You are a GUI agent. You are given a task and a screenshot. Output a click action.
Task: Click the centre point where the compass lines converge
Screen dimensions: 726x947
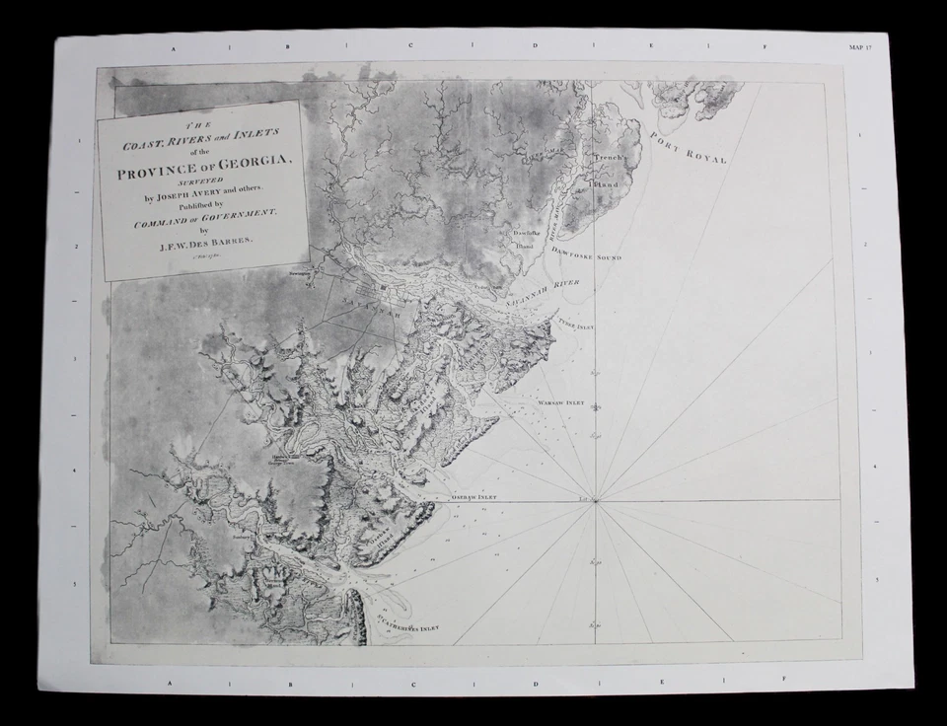pos(595,499)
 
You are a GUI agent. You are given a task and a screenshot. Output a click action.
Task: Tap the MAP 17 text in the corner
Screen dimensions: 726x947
pos(861,46)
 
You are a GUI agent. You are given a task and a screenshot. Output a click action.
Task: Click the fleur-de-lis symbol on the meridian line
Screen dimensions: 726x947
pos(595,406)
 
